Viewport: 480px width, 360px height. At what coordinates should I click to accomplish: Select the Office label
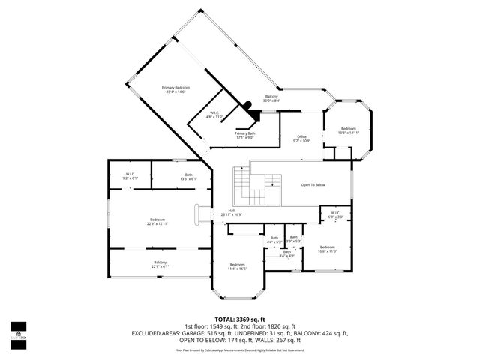[302, 138]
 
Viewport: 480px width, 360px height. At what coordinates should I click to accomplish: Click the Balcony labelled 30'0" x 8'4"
[271, 98]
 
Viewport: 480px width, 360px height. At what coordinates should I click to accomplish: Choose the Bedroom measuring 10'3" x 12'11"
[348, 130]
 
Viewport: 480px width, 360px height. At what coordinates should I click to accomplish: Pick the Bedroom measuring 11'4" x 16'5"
[237, 266]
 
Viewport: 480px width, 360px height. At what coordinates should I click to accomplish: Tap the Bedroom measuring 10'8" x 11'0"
[327, 249]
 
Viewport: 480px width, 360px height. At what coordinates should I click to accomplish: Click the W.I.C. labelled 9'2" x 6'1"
[130, 177]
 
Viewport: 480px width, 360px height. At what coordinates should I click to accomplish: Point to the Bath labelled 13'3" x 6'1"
[187, 177]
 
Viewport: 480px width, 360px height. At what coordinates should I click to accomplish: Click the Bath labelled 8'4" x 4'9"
[276, 253]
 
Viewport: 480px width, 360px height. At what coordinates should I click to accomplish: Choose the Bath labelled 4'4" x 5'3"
[274, 239]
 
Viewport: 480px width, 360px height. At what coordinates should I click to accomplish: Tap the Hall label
[221, 213]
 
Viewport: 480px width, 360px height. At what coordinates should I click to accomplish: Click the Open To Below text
[313, 184]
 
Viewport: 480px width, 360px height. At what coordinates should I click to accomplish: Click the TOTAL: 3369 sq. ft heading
[240, 319]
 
